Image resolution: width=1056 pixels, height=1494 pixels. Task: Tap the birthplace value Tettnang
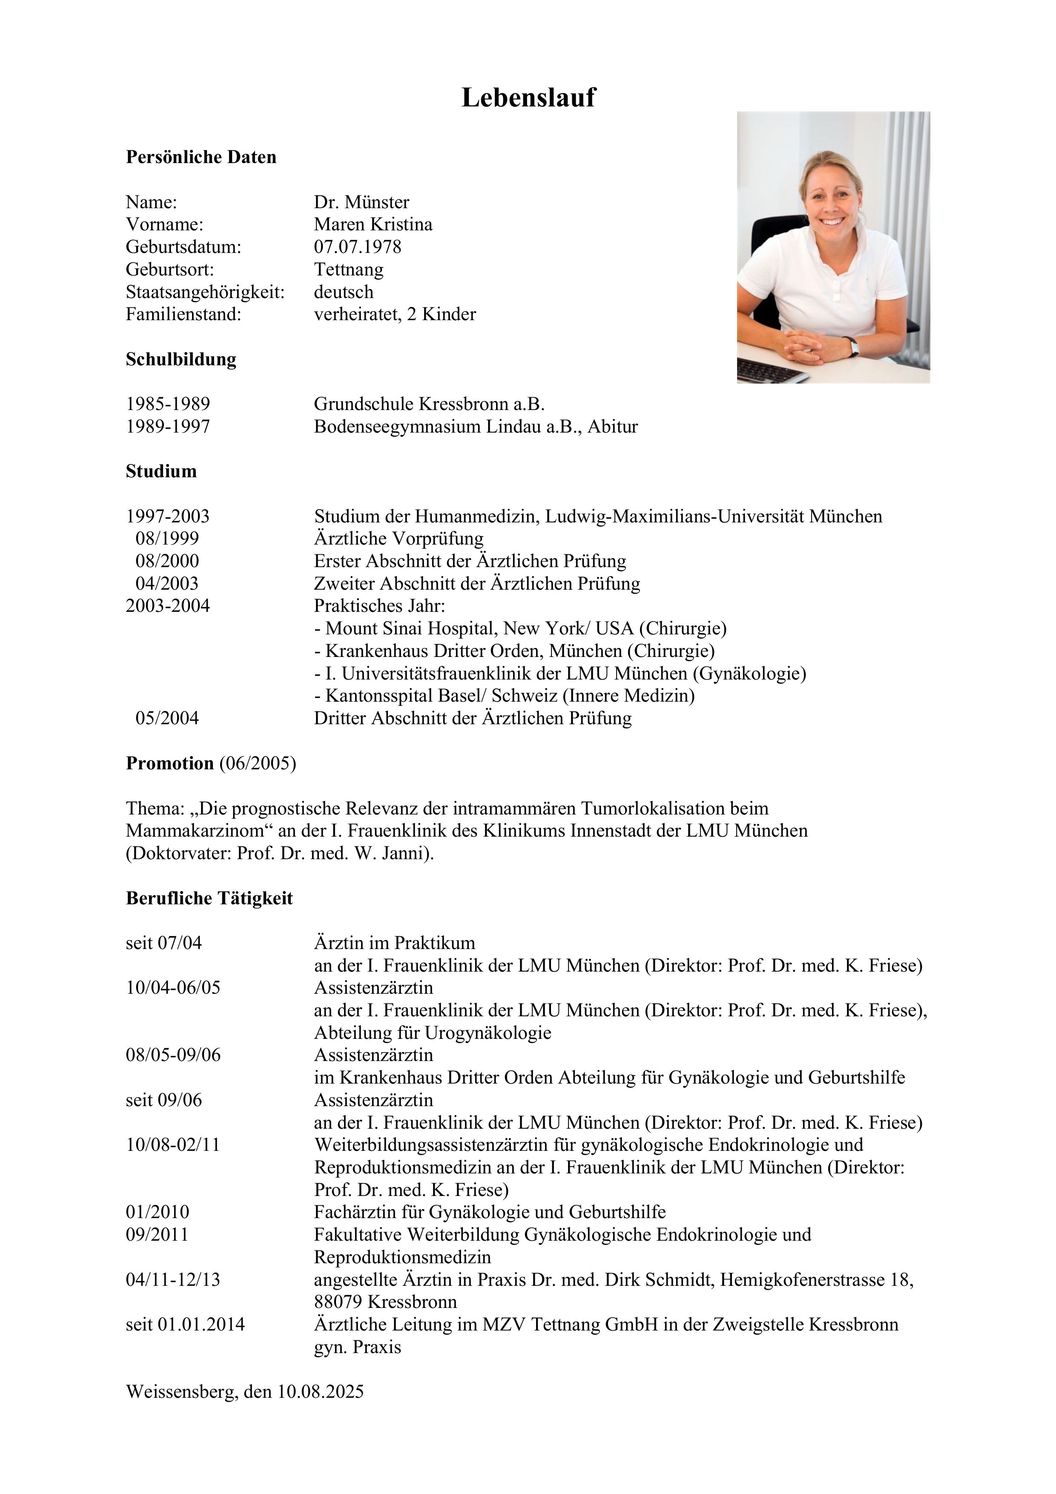point(349,270)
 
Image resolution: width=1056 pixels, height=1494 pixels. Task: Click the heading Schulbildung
point(181,359)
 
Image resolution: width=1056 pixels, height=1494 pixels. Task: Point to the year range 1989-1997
point(168,427)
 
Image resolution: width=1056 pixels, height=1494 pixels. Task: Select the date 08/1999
point(167,539)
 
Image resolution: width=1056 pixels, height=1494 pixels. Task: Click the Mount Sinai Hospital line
point(520,628)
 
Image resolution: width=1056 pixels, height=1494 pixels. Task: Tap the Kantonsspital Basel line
point(504,696)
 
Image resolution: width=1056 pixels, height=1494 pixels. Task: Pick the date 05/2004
point(167,718)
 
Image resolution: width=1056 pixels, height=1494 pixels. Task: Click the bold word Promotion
point(170,763)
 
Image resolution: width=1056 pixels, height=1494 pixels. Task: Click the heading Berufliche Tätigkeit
point(209,899)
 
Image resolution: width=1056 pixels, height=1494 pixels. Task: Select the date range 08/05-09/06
point(173,1055)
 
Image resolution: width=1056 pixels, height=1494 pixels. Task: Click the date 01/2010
point(158,1212)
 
